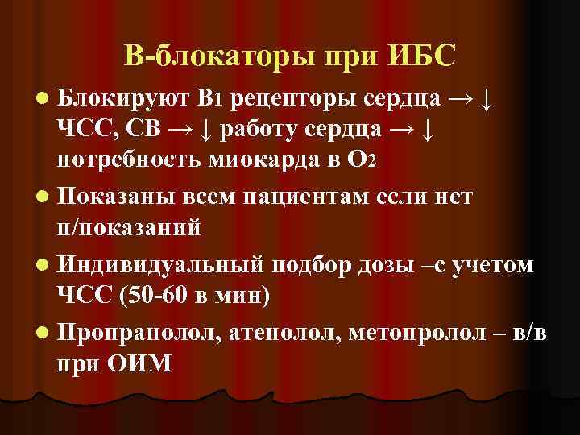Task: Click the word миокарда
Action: coord(258,155)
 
